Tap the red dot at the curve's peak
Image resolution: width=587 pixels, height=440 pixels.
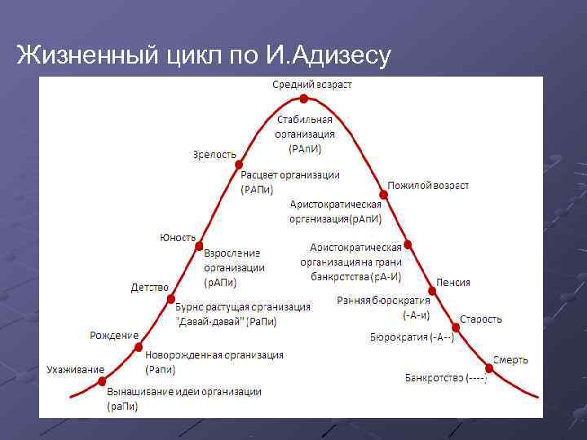click(x=303, y=99)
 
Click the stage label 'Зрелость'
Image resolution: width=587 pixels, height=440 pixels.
click(x=215, y=153)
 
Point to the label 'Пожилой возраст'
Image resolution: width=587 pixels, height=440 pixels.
click(x=428, y=185)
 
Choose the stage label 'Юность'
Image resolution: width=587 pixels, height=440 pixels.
click(x=177, y=237)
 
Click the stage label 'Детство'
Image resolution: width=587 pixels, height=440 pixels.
click(x=150, y=287)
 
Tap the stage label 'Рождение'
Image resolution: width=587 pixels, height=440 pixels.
click(x=113, y=335)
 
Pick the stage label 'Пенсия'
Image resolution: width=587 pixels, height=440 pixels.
click(x=452, y=282)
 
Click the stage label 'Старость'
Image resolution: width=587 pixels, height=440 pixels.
click(x=481, y=319)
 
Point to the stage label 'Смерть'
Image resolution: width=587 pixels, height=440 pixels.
click(x=510, y=359)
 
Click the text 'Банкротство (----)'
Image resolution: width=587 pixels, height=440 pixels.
click(x=446, y=377)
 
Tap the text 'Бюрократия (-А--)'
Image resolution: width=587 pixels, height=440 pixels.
click(x=412, y=337)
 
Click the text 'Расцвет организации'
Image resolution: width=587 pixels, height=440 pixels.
click(x=290, y=175)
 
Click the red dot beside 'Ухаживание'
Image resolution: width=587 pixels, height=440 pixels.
click(x=102, y=381)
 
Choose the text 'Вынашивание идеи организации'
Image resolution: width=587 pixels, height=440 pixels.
click(x=184, y=392)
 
